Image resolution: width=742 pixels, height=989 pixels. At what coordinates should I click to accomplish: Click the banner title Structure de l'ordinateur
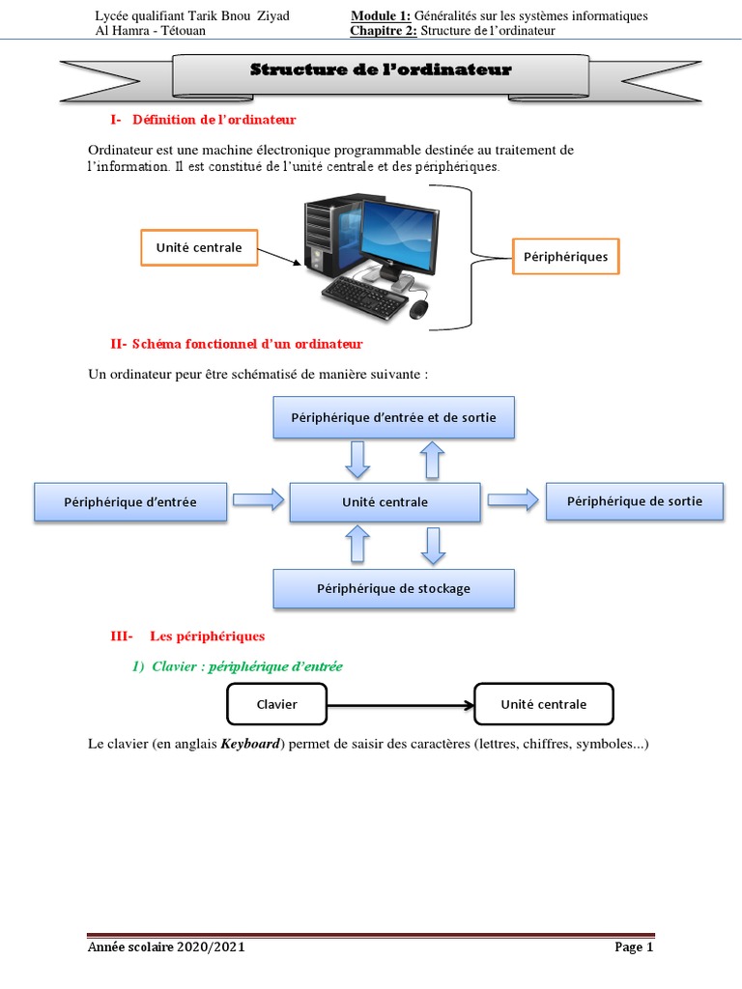pyautogui.click(x=381, y=71)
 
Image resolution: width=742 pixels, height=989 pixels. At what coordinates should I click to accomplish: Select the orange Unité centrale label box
pyautogui.click(x=199, y=248)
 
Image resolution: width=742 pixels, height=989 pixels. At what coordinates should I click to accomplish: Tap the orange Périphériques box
pyautogui.click(x=565, y=258)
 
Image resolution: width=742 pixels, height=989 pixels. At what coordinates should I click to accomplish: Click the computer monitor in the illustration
pyautogui.click(x=391, y=232)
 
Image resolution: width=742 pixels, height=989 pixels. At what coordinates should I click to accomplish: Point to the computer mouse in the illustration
pyautogui.click(x=418, y=309)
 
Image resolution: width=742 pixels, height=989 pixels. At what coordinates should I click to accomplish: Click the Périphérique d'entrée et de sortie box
pyautogui.click(x=394, y=416)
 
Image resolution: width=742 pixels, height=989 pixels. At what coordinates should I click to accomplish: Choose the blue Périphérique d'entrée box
pyautogui.click(x=130, y=501)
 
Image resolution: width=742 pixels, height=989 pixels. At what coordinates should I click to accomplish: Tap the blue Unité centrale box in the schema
pyautogui.click(x=385, y=501)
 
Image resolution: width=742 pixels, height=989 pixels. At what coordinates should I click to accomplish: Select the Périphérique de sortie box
pyautogui.click(x=634, y=500)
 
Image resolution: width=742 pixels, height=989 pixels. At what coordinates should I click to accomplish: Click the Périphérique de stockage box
pyautogui.click(x=393, y=588)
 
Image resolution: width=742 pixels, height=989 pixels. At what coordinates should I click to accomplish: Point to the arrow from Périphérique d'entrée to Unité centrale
pyautogui.click(x=258, y=499)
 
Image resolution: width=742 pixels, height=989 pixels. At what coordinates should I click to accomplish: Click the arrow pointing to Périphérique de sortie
pyautogui.click(x=512, y=498)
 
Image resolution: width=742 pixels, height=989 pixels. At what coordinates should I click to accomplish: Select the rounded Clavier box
pyautogui.click(x=277, y=704)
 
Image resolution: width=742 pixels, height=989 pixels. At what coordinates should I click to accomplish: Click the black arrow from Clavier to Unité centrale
pyautogui.click(x=400, y=704)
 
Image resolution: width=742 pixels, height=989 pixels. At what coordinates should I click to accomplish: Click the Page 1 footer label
pyautogui.click(x=634, y=947)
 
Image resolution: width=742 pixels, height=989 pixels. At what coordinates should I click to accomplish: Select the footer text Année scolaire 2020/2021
pyautogui.click(x=165, y=947)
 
